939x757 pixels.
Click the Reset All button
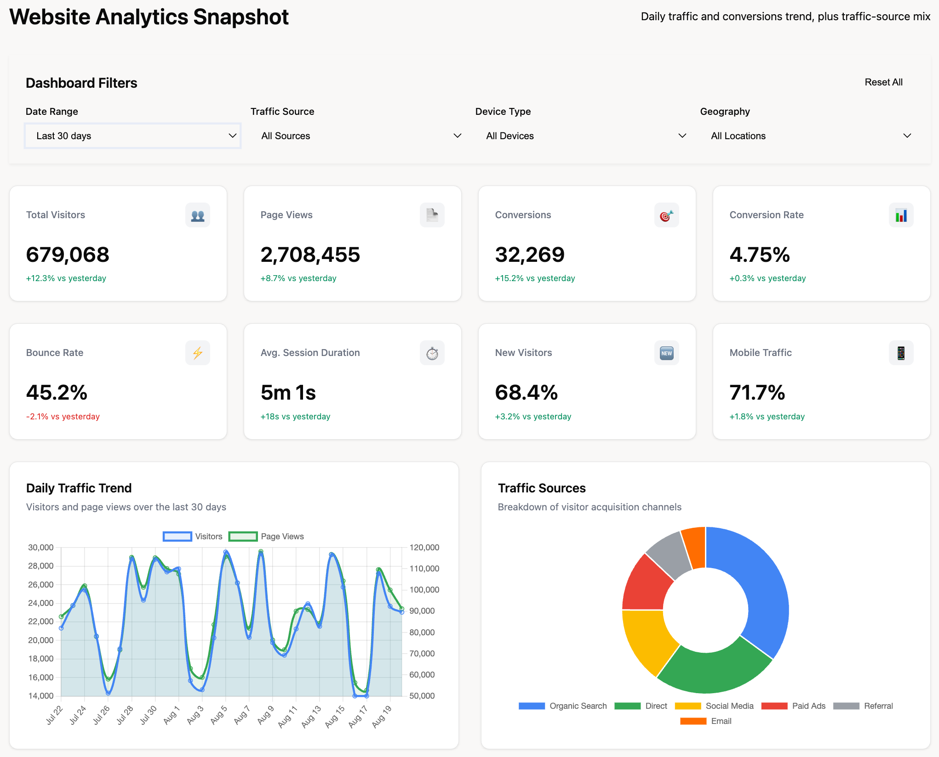coord(883,82)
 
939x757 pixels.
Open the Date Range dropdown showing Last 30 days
coord(132,136)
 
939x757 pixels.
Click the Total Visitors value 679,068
coord(68,254)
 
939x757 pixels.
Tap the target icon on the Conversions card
coord(666,215)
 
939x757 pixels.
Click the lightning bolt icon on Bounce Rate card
coord(198,353)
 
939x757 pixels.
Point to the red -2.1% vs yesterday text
coord(63,417)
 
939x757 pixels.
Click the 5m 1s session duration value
coord(288,393)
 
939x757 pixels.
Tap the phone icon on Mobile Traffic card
coord(900,353)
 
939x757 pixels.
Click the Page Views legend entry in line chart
coord(267,537)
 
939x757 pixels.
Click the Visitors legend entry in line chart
coord(193,537)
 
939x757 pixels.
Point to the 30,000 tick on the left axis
coord(41,548)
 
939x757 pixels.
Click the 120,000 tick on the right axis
coord(424,548)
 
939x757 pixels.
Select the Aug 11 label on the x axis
coord(288,716)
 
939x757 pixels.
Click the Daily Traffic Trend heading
coord(79,488)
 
